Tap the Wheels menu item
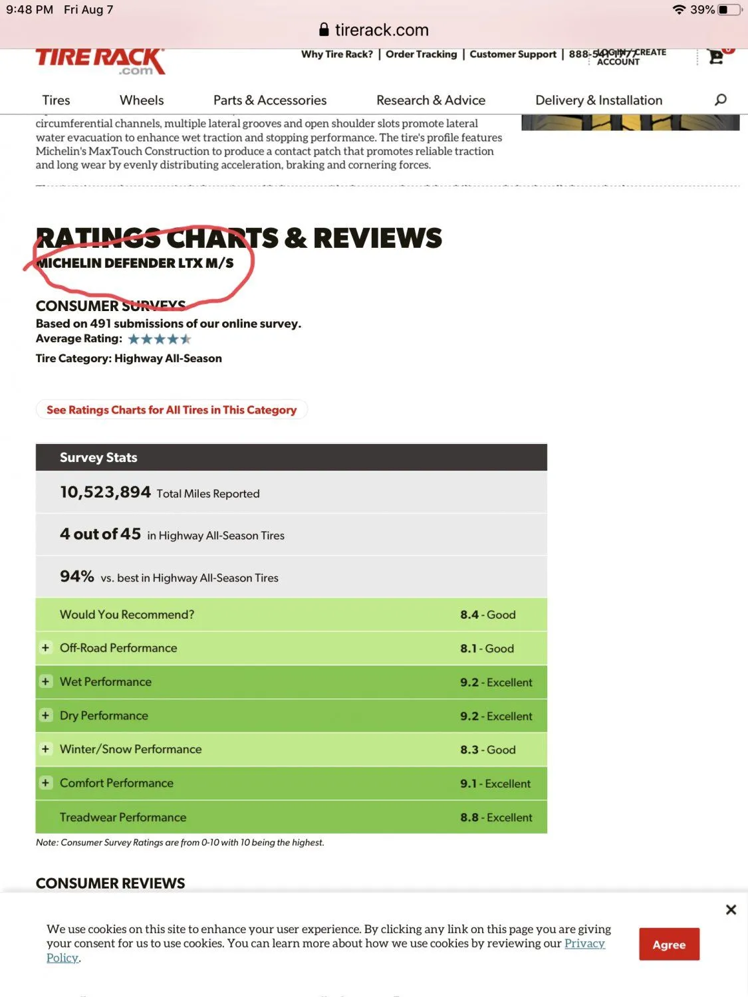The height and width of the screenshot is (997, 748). (142, 100)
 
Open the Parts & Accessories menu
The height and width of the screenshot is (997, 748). (270, 100)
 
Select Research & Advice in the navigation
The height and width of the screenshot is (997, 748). (431, 100)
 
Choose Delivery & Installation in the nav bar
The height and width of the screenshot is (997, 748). (598, 100)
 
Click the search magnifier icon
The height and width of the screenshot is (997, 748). (720, 100)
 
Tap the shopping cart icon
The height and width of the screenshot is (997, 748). (716, 57)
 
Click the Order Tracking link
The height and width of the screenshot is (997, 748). (421, 55)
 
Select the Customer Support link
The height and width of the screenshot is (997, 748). (513, 55)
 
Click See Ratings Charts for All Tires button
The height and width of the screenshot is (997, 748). (172, 410)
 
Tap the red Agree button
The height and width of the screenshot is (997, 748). (669, 944)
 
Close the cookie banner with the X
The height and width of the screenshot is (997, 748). (731, 909)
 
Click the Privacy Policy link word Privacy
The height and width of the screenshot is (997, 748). (584, 943)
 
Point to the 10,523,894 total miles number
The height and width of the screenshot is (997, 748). (106, 492)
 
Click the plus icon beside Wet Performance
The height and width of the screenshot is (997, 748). (45, 681)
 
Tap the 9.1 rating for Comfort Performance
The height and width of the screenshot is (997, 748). (468, 784)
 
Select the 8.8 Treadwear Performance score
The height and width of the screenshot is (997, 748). (469, 818)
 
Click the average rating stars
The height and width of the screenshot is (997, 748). (160, 339)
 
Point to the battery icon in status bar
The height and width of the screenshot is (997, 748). (728, 10)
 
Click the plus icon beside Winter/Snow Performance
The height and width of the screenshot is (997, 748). (45, 749)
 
